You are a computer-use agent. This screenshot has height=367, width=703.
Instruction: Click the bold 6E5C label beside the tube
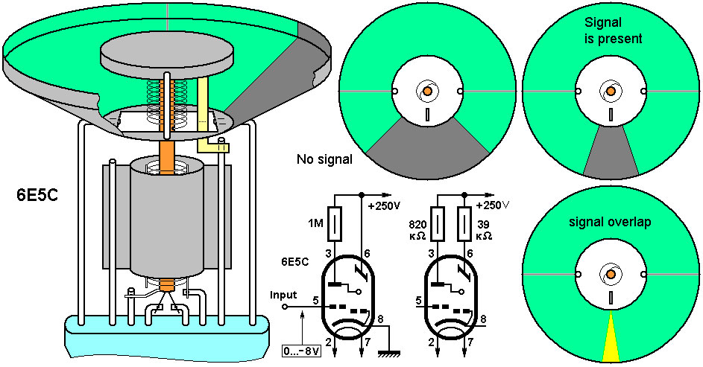37,196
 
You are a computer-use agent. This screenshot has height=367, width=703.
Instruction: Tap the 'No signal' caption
324,159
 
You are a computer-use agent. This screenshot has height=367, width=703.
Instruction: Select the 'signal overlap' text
610,222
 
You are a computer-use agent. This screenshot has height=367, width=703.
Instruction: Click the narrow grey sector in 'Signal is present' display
611,152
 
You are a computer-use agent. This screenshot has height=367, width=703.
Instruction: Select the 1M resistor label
316,223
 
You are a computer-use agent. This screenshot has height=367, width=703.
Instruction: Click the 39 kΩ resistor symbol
464,224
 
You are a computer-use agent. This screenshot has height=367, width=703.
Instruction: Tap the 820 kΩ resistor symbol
437,224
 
